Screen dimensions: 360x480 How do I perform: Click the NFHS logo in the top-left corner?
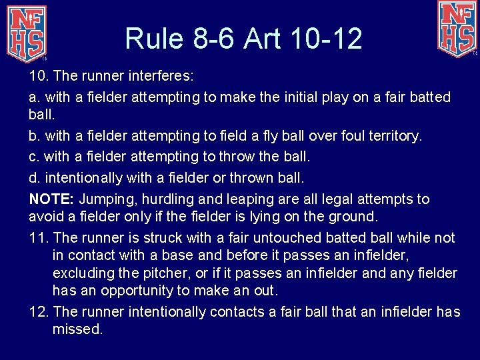[27, 33]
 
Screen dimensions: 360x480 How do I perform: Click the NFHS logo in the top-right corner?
[457, 28]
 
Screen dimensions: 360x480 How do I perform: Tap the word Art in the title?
[265, 39]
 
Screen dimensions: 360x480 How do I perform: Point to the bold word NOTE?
[52, 199]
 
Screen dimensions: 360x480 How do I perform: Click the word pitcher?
[181, 273]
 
